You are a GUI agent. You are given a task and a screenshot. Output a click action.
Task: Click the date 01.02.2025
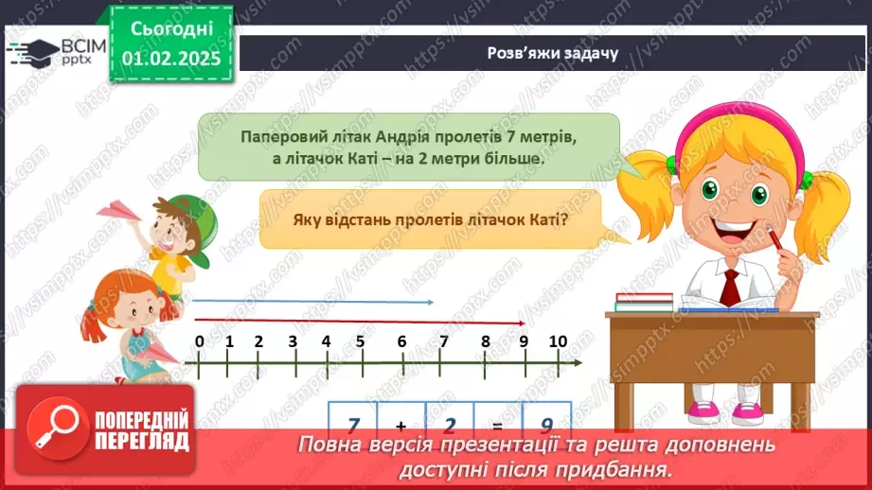coord(171,59)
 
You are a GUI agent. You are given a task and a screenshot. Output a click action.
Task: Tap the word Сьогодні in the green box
coord(171,29)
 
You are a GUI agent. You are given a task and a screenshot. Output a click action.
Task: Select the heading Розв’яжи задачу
coord(553,53)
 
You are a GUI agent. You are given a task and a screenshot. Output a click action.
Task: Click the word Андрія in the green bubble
coord(402,136)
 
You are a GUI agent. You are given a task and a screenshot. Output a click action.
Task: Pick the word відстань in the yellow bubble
coord(358,219)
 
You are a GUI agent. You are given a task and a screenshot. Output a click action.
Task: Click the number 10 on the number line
coord(558,341)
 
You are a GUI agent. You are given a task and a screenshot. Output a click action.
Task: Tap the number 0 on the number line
coord(200,341)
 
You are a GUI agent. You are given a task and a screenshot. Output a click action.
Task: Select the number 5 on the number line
coord(361,341)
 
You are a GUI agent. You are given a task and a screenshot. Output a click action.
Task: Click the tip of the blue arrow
coord(434,302)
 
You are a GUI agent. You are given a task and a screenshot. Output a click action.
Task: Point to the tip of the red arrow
coord(525,323)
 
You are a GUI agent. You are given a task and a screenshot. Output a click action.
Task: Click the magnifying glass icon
coord(58,428)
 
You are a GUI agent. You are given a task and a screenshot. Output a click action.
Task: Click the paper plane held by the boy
coord(118,211)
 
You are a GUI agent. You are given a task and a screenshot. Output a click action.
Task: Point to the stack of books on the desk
coord(644,302)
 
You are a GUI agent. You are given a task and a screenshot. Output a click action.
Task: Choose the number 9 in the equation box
coord(546,425)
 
